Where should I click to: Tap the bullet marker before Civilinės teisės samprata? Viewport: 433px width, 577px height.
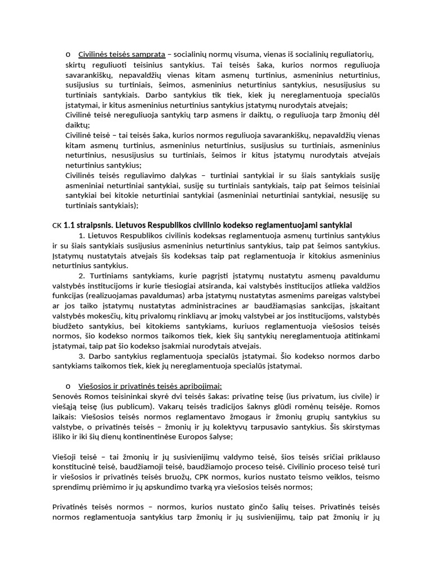68,54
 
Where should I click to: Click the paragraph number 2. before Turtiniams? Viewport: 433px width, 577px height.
82,276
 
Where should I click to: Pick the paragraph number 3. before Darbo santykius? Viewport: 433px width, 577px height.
82,356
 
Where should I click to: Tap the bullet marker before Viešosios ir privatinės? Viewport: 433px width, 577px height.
68,386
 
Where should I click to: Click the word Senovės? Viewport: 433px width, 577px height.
67,396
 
